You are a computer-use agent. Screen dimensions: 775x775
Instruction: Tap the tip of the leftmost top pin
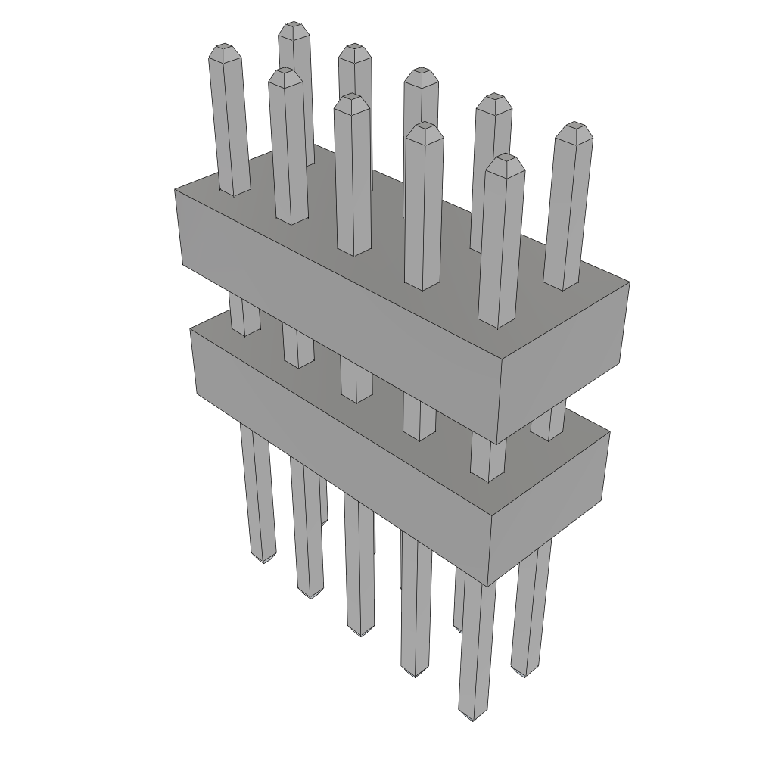(x=225, y=49)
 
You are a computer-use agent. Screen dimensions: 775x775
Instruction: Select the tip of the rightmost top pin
(x=574, y=126)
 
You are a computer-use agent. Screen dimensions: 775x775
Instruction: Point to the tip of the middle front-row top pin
(x=352, y=99)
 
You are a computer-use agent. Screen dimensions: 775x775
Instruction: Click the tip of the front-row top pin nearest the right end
(x=505, y=159)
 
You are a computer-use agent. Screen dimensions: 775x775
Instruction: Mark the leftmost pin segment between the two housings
(x=244, y=316)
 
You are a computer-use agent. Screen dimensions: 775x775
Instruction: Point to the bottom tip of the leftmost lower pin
(x=262, y=559)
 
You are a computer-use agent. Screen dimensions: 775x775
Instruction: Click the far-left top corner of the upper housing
(x=176, y=190)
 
